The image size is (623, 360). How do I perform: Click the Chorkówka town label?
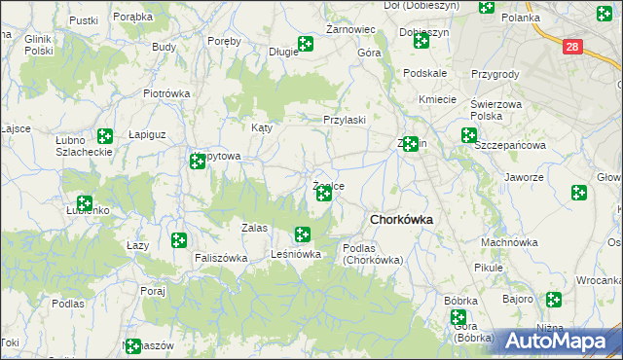[400, 220]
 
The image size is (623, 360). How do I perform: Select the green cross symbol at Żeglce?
[324, 195]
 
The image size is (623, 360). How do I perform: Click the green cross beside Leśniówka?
[303, 234]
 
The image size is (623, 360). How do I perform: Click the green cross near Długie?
[305, 44]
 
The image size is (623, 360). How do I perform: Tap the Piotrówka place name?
[165, 93]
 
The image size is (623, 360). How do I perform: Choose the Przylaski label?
[345, 120]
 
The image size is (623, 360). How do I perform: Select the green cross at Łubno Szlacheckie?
[105, 137]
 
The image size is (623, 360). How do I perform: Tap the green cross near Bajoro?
[555, 300]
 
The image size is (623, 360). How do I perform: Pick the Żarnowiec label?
[351, 30]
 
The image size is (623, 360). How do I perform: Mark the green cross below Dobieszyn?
[421, 41]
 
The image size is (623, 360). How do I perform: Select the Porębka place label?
[132, 18]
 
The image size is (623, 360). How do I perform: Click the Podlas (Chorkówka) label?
[379, 254]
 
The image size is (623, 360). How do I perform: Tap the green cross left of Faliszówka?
[179, 240]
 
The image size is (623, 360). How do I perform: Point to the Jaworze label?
[524, 178]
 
